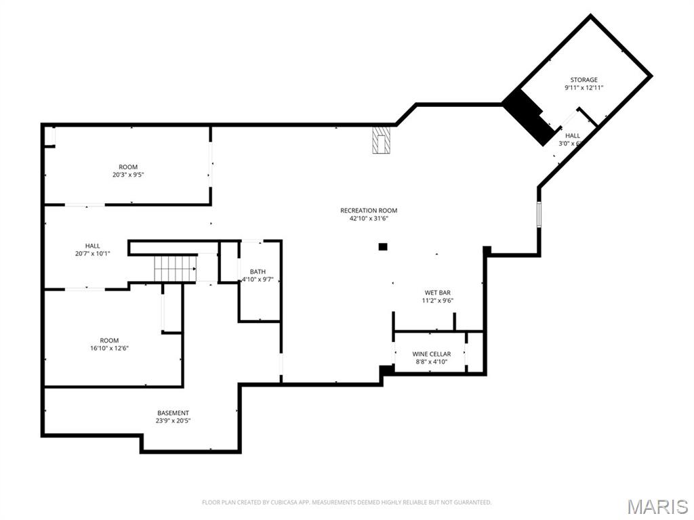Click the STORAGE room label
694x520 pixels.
(584, 80)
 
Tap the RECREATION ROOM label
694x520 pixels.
(369, 211)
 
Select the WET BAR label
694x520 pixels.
(437, 292)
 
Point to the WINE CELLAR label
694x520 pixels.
(431, 354)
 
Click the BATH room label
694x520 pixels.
(258, 272)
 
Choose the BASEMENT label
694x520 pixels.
(173, 413)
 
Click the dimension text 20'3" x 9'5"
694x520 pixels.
(128, 175)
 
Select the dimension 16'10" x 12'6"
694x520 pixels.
(109, 348)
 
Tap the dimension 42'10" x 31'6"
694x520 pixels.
(369, 219)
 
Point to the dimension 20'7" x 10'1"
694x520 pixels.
(93, 253)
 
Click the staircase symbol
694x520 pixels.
(175, 268)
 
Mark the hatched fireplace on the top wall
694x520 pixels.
(382, 140)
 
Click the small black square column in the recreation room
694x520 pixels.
(383, 247)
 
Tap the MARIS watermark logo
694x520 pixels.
(657, 506)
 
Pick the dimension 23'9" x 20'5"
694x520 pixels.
(173, 420)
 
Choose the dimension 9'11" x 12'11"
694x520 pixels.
(584, 88)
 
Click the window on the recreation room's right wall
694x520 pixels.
(539, 213)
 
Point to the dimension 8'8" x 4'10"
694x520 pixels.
(431, 362)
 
